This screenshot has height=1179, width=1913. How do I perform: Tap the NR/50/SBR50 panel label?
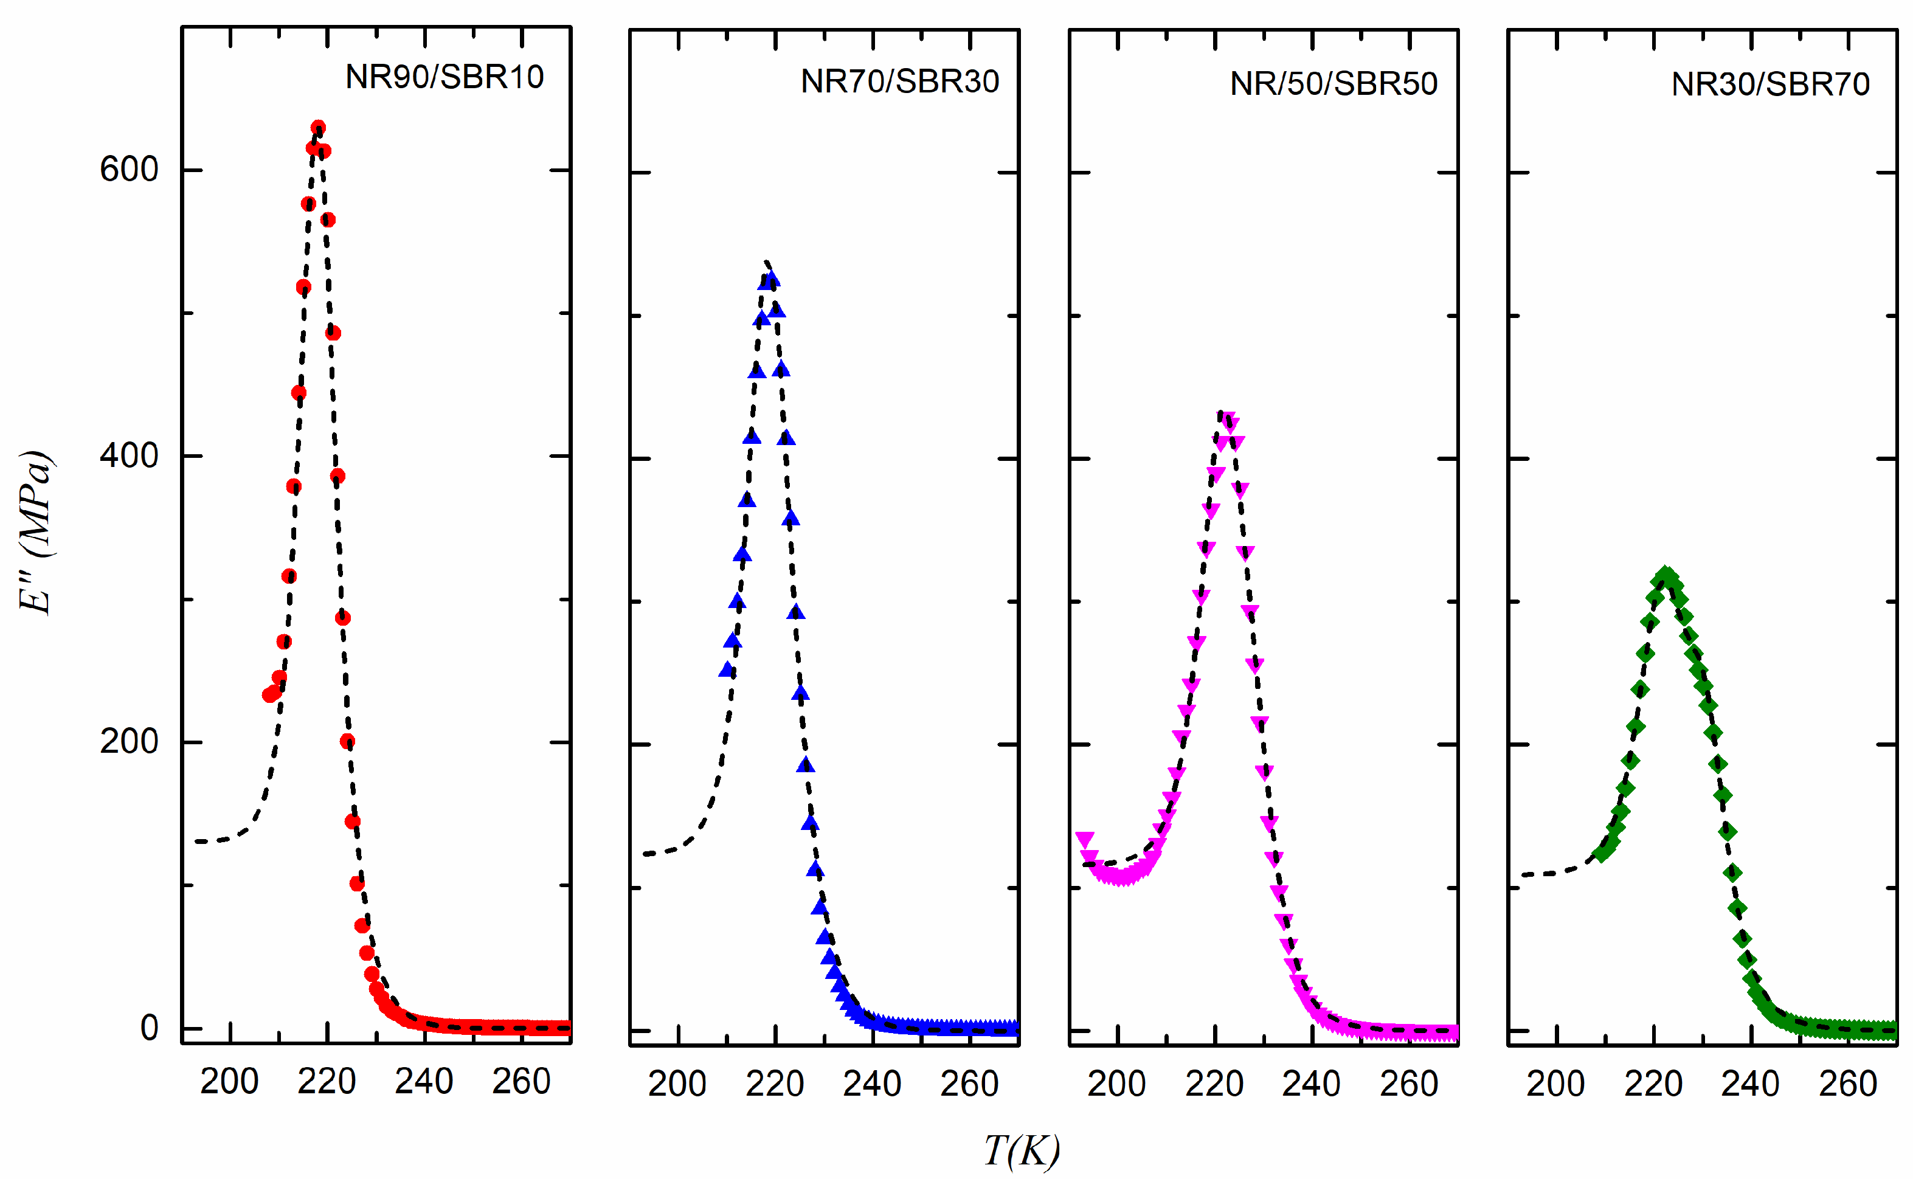point(1333,84)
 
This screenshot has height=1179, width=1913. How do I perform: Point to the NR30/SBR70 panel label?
point(1769,84)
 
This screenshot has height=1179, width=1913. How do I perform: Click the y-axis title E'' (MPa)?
point(36,533)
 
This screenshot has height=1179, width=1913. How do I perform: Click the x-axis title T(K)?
point(1020,1150)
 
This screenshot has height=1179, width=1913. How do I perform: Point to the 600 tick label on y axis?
point(129,169)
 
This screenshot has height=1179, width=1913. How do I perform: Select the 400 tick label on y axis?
point(129,455)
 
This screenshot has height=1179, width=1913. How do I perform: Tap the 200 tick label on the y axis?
point(129,742)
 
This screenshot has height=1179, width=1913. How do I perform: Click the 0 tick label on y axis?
point(149,1028)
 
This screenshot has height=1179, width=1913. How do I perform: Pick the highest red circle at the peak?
point(318,128)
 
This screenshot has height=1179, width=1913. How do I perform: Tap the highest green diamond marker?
point(1666,576)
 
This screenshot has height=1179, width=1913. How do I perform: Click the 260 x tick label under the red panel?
point(521,1082)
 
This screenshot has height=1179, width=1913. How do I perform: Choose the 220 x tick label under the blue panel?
point(774,1085)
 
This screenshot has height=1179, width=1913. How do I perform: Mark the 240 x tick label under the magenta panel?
point(1311,1085)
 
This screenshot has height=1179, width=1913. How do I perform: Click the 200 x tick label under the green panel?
point(1555,1085)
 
